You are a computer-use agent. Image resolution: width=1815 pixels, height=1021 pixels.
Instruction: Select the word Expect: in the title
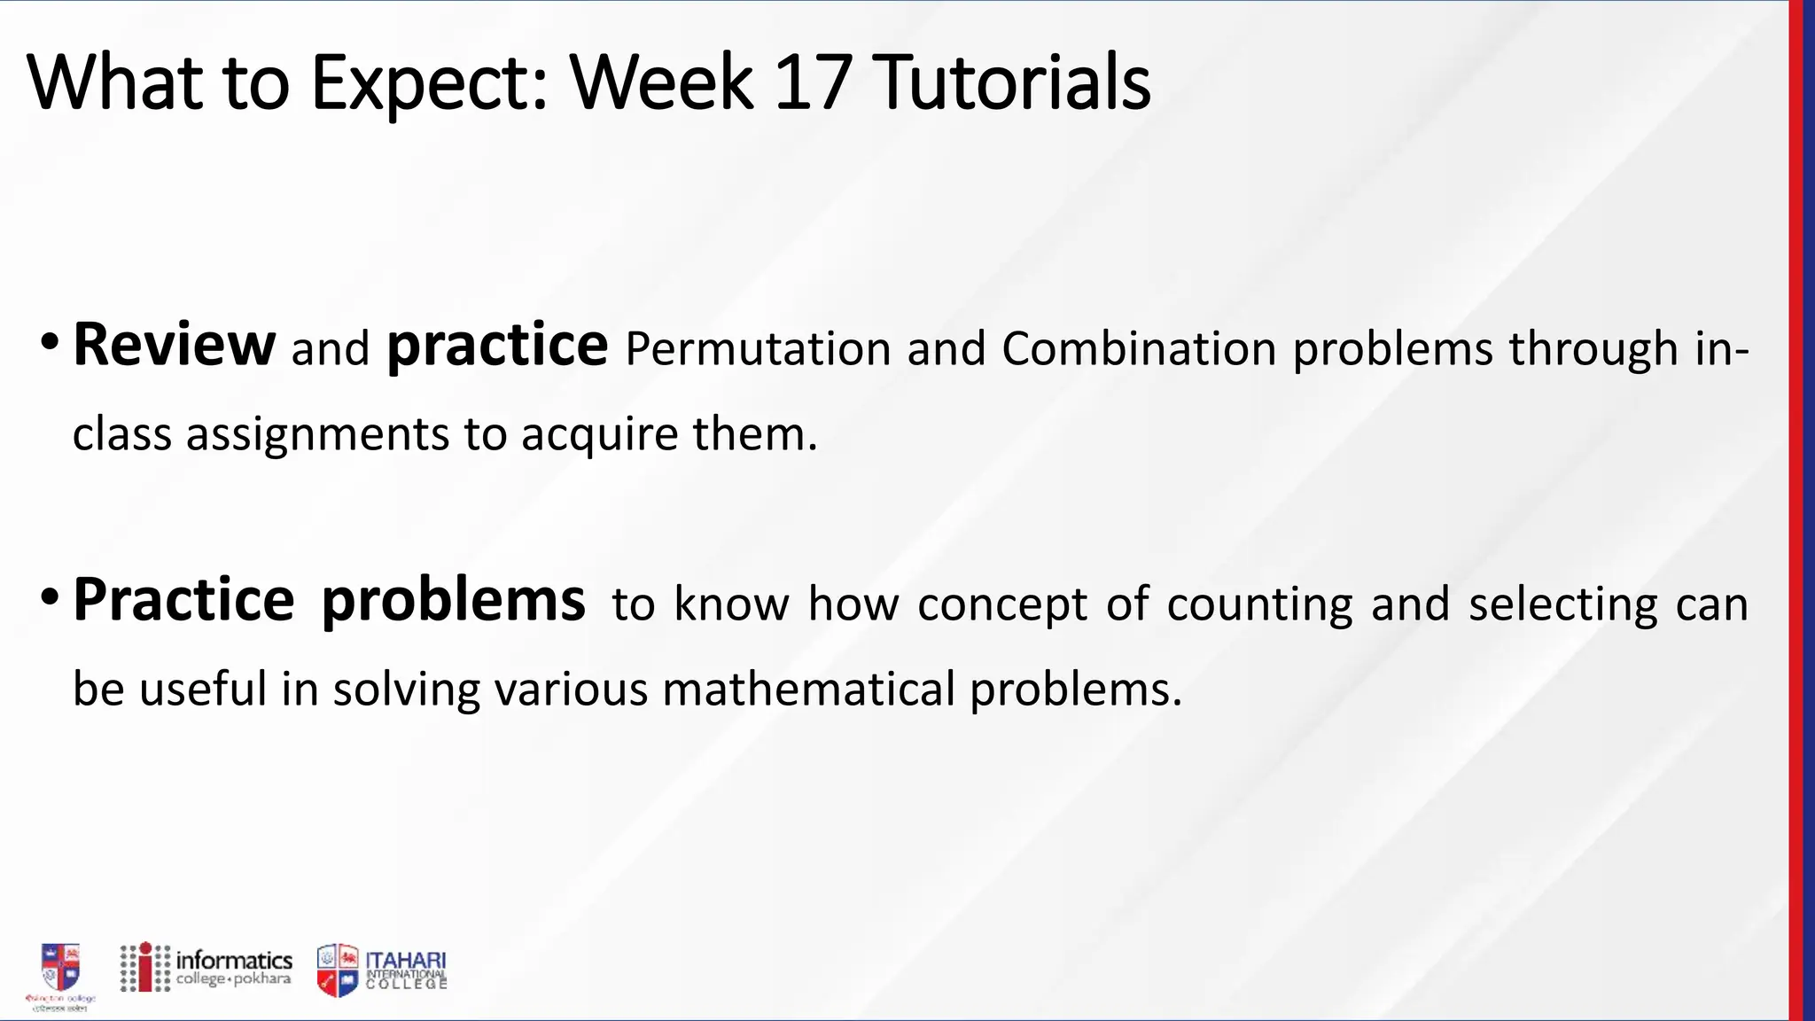(430, 83)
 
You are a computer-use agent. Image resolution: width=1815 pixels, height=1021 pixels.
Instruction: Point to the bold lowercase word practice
(497, 346)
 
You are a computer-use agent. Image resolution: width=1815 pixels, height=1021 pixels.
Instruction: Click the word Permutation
(758, 348)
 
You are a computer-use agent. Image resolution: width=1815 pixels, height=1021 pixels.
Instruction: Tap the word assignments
(317, 435)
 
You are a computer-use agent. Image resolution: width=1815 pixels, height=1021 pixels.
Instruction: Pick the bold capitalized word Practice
(183, 600)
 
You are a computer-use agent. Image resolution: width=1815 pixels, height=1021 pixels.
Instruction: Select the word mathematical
(808, 689)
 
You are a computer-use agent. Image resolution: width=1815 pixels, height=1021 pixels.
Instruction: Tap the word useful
(203, 689)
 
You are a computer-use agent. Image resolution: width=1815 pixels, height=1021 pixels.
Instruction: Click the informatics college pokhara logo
(206, 967)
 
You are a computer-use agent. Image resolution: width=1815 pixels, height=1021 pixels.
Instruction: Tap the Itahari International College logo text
(406, 969)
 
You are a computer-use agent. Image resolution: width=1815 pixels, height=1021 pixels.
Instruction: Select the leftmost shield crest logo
(60, 968)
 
